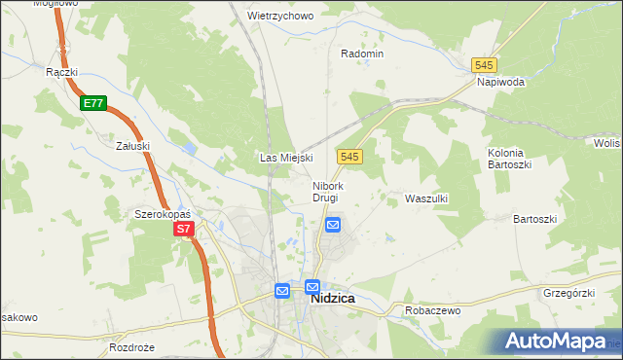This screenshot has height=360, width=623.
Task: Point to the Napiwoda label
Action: pos(500,82)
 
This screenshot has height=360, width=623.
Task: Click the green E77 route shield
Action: pos(93,103)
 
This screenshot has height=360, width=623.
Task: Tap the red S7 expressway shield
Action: pos(185,230)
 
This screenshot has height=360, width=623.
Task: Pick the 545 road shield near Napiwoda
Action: pos(484,64)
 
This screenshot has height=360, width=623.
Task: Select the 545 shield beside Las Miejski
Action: pos(351,156)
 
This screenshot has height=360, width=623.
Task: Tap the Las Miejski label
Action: pos(285,157)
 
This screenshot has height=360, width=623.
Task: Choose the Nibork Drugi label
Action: pos(326,191)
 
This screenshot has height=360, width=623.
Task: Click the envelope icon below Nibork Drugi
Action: pos(332,225)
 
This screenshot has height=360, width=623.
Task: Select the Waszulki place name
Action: pos(425,198)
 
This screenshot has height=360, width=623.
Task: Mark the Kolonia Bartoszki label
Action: pos(506,159)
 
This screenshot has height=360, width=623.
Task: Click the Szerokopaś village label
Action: pos(162,213)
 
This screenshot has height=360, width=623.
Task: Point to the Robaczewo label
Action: pos(432,311)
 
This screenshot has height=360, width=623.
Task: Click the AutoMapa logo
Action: pos(557,342)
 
